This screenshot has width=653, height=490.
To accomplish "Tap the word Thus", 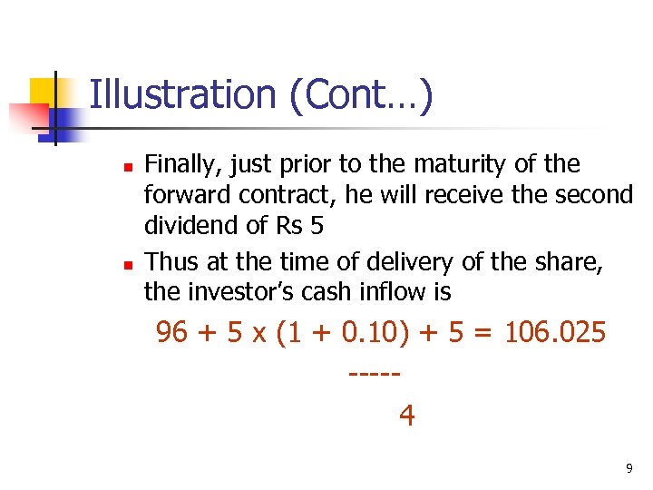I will coord(171,263).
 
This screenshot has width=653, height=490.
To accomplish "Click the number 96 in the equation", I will coord(172,333).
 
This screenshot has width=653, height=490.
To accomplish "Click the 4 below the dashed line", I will coord(407,415).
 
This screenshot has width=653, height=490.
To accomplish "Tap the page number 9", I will coord(629,469).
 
